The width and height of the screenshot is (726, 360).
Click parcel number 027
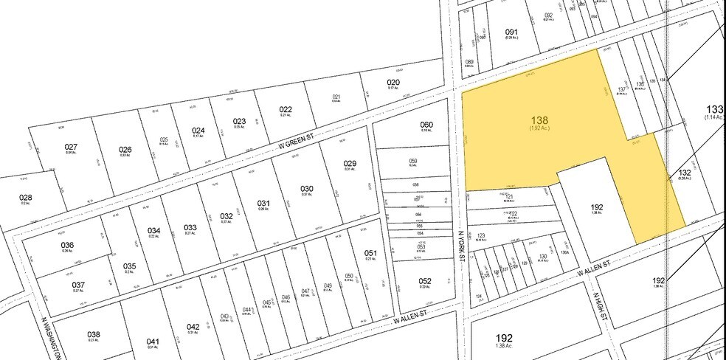coord(71,147)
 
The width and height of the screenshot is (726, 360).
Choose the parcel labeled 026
coord(125,150)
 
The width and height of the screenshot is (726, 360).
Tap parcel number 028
coord(26,198)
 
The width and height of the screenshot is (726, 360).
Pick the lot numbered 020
coord(393,83)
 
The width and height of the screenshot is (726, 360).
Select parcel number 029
coord(350,163)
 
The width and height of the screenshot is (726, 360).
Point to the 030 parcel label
coord(306,189)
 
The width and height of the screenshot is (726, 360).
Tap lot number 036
coord(68,245)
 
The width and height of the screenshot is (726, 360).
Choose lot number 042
coord(193,327)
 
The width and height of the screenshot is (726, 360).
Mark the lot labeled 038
coord(94,333)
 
